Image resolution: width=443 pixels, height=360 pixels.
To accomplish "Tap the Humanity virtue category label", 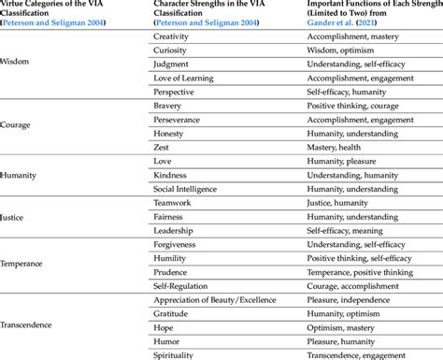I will coord(20,175).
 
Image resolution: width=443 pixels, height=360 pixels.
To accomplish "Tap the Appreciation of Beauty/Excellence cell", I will coord(214,299).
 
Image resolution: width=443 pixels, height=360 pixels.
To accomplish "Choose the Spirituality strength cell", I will coord(175,354).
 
